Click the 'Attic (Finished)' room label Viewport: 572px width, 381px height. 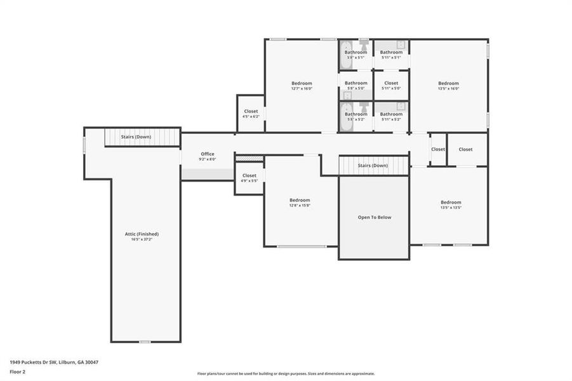coord(142,234)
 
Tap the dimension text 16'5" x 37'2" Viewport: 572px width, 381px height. coord(142,240)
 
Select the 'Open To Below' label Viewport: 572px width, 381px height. coord(374,217)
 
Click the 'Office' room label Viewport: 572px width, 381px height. coord(208,154)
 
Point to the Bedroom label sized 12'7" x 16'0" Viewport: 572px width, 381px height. coord(302,83)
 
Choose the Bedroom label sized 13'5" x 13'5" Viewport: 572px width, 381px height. coord(451,202)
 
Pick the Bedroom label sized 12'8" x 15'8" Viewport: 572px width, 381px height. coord(300,199)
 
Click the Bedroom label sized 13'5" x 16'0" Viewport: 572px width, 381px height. coord(448,83)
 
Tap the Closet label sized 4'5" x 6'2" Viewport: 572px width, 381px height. coord(251,111)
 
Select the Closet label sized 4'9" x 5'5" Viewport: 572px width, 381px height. coord(249,175)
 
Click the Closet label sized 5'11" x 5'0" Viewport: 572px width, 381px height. coord(391,83)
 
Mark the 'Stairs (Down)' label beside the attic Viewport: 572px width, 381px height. coord(136,137)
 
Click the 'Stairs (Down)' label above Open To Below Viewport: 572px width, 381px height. coord(372,166)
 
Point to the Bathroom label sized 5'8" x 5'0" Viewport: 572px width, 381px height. coord(356,83)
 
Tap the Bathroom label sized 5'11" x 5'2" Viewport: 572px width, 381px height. coord(391,114)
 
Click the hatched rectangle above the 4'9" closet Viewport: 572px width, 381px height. coord(249,158)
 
